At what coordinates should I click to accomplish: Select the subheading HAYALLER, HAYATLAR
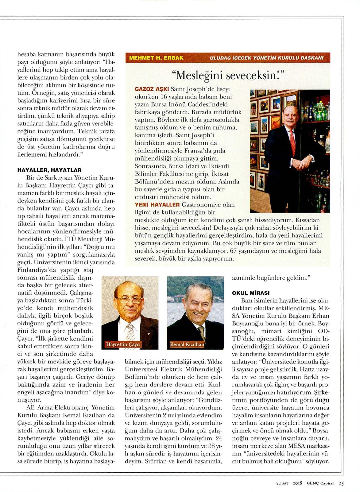49,170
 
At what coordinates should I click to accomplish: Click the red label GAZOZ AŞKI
152,89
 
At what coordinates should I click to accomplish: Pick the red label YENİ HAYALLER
157,205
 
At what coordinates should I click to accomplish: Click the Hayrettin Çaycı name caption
123,344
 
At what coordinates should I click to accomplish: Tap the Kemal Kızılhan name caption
187,344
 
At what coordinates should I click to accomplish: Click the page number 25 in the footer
342,483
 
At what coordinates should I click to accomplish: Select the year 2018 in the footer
298,483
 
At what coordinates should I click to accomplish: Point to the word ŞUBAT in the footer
283,483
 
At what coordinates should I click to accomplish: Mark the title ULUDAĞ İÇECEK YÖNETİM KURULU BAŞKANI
266,58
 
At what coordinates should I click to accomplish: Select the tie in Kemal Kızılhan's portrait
201,333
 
